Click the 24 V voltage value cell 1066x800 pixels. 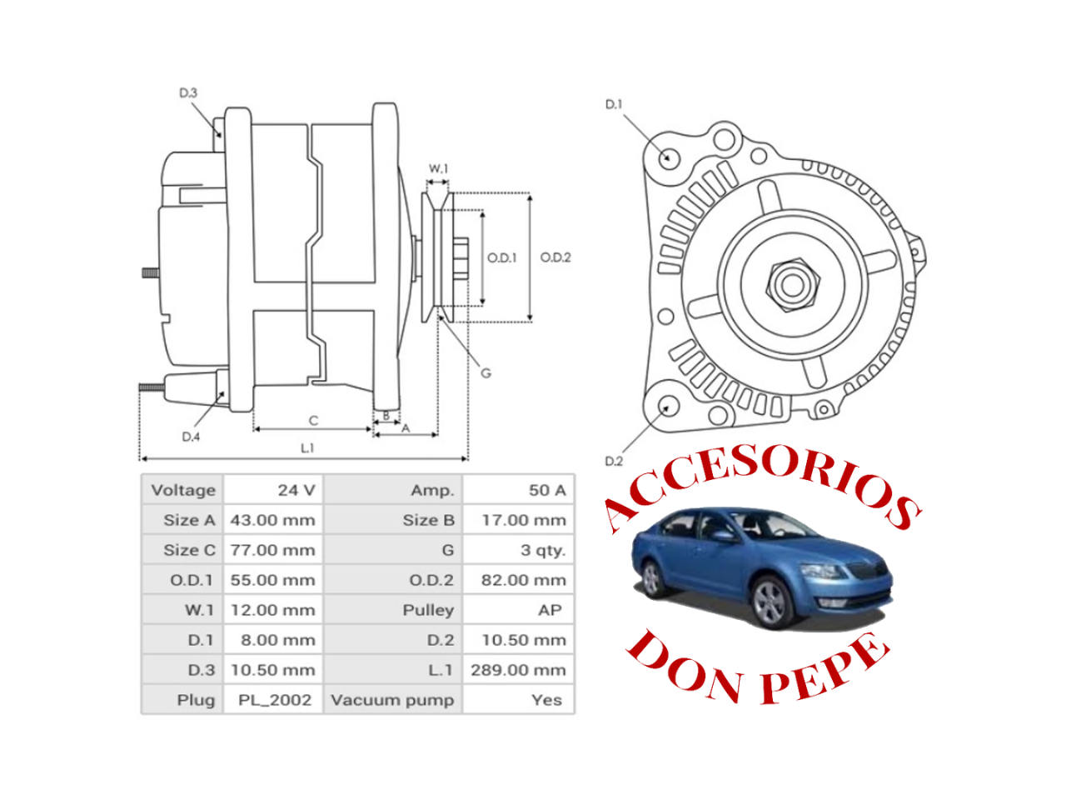[x=296, y=490]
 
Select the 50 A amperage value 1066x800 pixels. [x=546, y=490]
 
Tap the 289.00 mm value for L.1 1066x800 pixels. [x=517, y=670]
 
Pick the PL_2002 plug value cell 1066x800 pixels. [x=274, y=700]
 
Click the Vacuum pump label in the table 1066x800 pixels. [x=391, y=700]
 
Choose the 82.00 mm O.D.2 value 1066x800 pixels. [x=523, y=580]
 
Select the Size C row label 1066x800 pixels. [x=189, y=550]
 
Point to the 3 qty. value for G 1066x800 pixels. [x=542, y=550]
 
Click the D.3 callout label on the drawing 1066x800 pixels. [x=188, y=93]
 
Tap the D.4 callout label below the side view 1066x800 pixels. [x=191, y=437]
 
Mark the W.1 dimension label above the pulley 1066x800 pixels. [x=438, y=169]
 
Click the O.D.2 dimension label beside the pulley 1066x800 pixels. [x=555, y=257]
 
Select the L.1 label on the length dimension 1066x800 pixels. [x=307, y=448]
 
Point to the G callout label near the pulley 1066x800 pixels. [x=486, y=372]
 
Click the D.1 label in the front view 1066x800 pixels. [x=614, y=104]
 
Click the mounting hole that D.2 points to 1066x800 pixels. [x=668, y=407]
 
